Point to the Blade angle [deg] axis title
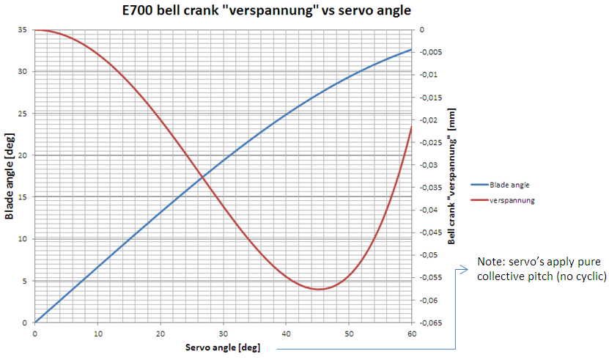(x=10, y=176)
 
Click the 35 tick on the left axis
(x=21, y=30)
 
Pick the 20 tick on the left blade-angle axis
(x=21, y=155)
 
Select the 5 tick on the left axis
(x=23, y=281)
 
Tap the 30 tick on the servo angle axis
(x=224, y=333)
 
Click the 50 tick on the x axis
(x=349, y=333)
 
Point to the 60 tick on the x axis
(x=412, y=333)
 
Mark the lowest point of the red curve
(x=318, y=289)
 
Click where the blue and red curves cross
(x=202, y=176)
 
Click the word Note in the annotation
(x=490, y=261)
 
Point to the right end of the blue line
(x=412, y=49)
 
